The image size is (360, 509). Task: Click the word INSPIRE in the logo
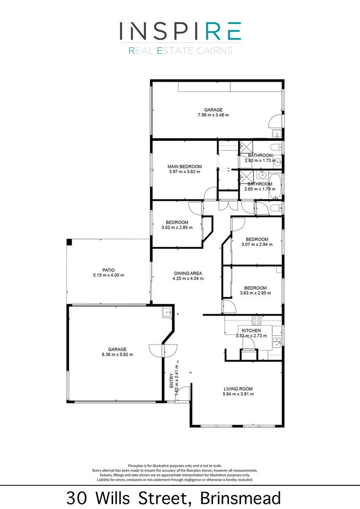[x=180, y=31]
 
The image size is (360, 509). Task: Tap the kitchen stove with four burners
[x=257, y=320]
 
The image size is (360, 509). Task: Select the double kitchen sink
[x=277, y=342]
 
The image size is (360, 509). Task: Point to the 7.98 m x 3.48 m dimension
[x=213, y=115]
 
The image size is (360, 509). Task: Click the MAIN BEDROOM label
[x=185, y=166]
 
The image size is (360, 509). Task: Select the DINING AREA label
[x=188, y=273]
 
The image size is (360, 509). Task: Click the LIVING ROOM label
[x=238, y=389]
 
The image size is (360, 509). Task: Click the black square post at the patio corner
[x=69, y=242]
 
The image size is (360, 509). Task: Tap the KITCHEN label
[x=252, y=331]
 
